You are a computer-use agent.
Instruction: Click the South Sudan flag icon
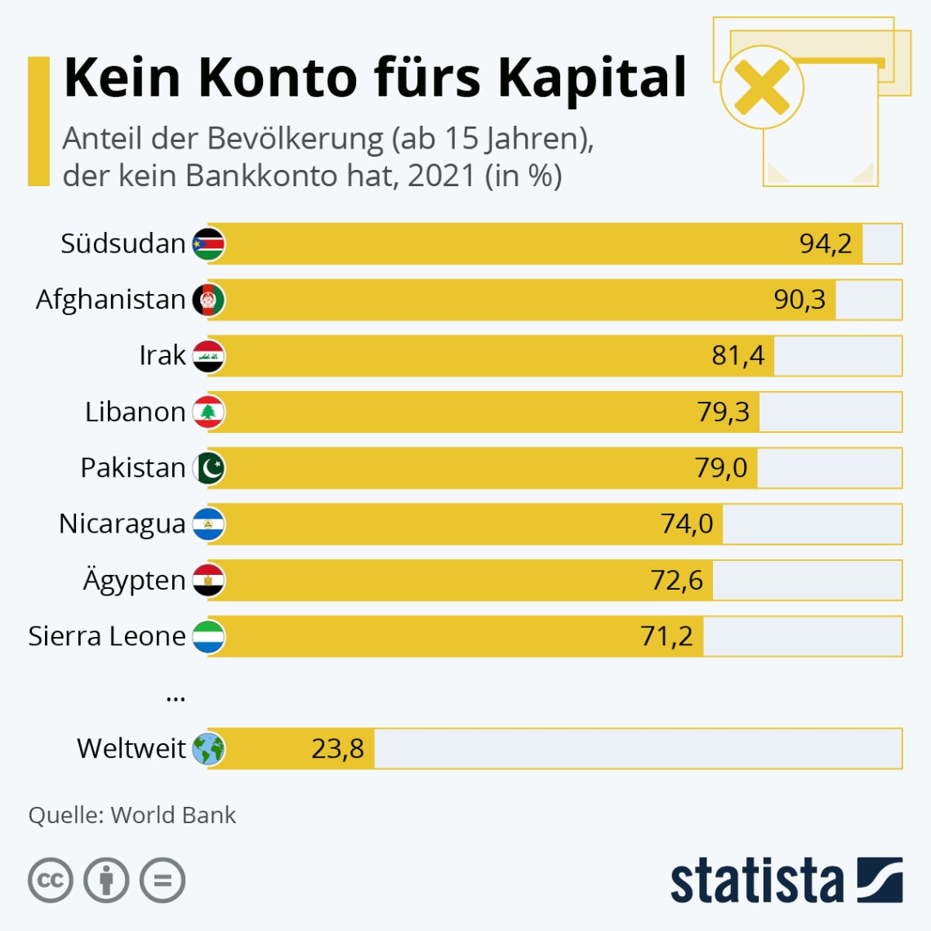[208, 244]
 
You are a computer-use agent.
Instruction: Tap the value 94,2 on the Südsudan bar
[825, 243]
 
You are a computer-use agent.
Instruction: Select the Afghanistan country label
[110, 300]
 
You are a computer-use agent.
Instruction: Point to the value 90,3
[800, 300]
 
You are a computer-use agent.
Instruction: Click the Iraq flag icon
[208, 356]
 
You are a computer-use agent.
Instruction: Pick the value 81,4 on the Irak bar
[737, 355]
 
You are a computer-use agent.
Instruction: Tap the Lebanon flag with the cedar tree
[208, 412]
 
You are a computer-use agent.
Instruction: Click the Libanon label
[135, 412]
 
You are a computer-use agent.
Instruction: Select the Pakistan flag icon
[208, 469]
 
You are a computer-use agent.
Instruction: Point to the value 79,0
[720, 468]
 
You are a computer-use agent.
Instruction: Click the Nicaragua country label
[122, 524]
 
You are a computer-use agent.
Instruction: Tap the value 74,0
[686, 523]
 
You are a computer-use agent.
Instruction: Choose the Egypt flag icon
[208, 581]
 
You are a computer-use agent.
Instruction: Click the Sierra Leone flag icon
[208, 637]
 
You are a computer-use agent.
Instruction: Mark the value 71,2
[666, 636]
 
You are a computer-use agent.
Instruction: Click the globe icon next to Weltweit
[208, 749]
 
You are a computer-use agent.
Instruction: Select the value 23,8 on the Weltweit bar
[337, 748]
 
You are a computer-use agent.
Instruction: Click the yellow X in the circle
[761, 87]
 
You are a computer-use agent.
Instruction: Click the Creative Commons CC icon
[51, 880]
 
